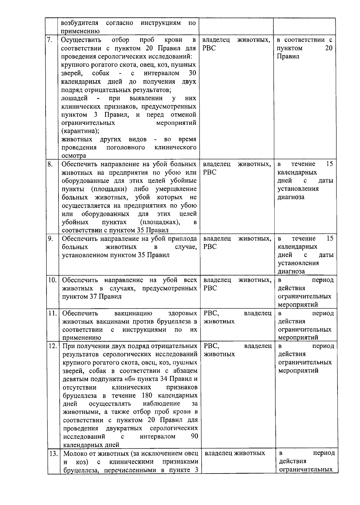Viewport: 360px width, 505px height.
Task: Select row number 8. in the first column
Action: point(50,164)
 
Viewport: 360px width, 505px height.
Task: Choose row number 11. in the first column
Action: point(53,313)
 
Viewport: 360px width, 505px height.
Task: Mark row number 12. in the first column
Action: point(53,346)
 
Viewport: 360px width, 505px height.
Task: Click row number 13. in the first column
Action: point(53,453)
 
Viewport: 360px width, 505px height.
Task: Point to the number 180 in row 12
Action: point(146,395)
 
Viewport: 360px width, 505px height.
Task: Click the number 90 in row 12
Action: point(194,436)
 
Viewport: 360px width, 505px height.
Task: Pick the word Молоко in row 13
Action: point(75,453)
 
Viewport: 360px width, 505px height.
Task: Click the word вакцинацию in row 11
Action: point(133,313)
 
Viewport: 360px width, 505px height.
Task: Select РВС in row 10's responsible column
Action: point(210,288)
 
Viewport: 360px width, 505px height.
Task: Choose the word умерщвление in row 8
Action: point(176,189)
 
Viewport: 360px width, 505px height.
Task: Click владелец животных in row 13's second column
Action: point(235,453)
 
